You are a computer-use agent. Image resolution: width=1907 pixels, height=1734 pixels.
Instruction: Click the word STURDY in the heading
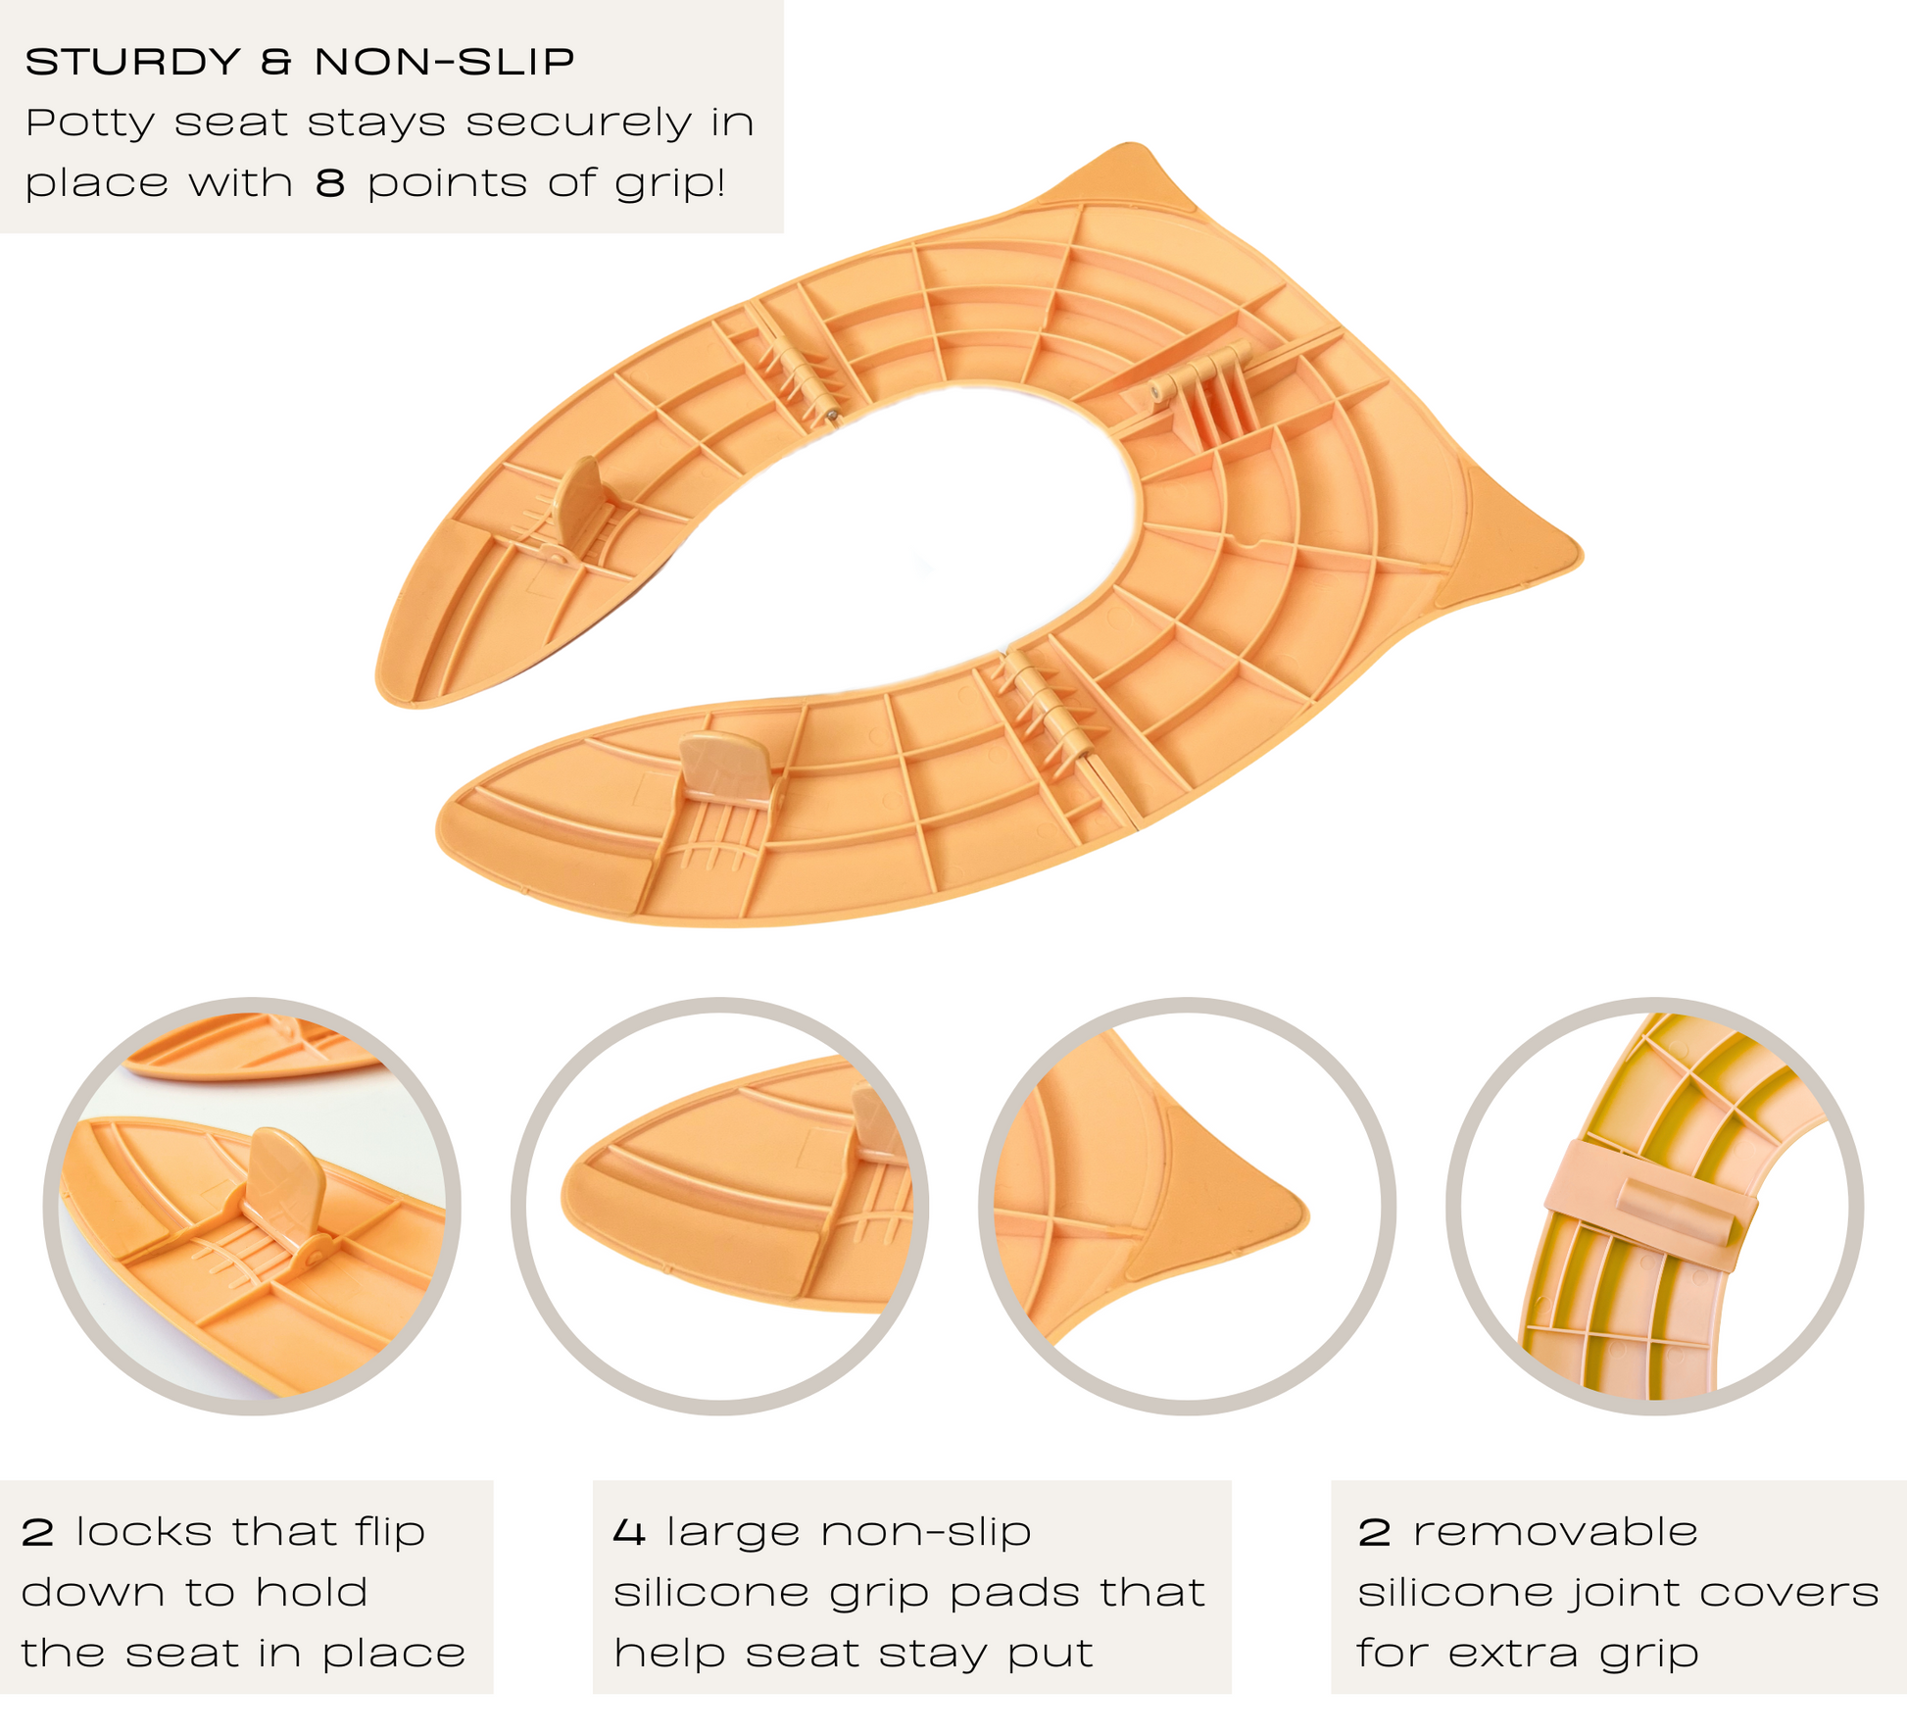coord(133,63)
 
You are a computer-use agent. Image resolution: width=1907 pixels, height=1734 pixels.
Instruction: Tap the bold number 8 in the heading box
coord(330,183)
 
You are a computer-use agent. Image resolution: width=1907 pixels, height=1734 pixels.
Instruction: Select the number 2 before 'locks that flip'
coord(37,1532)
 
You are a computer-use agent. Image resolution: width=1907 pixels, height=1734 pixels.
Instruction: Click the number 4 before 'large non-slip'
coord(628,1532)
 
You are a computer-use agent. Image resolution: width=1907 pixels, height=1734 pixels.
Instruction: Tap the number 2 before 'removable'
coord(1374,1532)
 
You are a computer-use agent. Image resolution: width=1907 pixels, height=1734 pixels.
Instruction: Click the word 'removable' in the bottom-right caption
coord(1555,1532)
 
